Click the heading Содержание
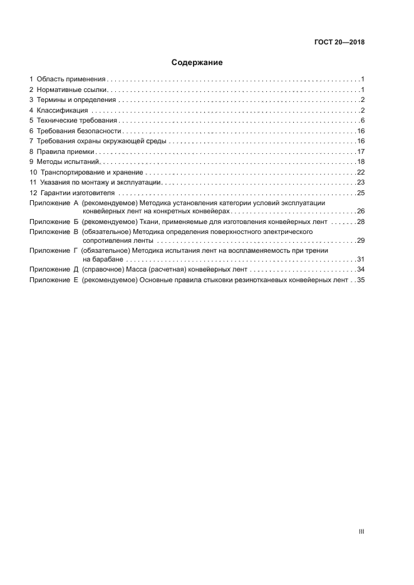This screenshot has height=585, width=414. [197, 63]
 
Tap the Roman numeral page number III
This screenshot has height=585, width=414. [361, 532]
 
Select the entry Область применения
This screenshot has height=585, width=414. [70, 79]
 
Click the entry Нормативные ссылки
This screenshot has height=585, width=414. [72, 90]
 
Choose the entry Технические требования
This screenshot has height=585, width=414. [76, 121]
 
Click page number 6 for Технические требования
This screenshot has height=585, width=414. [362, 121]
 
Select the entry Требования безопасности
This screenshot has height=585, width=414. [78, 131]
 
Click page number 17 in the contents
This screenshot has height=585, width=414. [361, 151]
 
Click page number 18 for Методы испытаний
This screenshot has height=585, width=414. [361, 162]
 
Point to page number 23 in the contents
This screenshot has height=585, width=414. [361, 183]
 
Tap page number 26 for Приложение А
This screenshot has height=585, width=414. [361, 211]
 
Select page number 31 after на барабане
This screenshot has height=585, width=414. [361, 259]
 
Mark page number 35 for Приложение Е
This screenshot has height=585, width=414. [361, 280]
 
